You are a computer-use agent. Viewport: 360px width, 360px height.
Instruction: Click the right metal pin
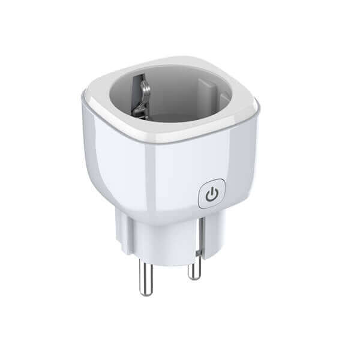(194, 264)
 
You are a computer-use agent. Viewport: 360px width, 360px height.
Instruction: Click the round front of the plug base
(168, 243)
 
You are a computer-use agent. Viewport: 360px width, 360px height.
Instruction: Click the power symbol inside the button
(211, 194)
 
